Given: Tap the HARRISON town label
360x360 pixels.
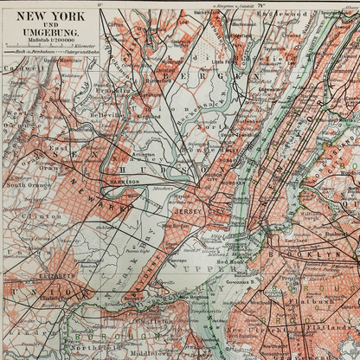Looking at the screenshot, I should click(x=125, y=182).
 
